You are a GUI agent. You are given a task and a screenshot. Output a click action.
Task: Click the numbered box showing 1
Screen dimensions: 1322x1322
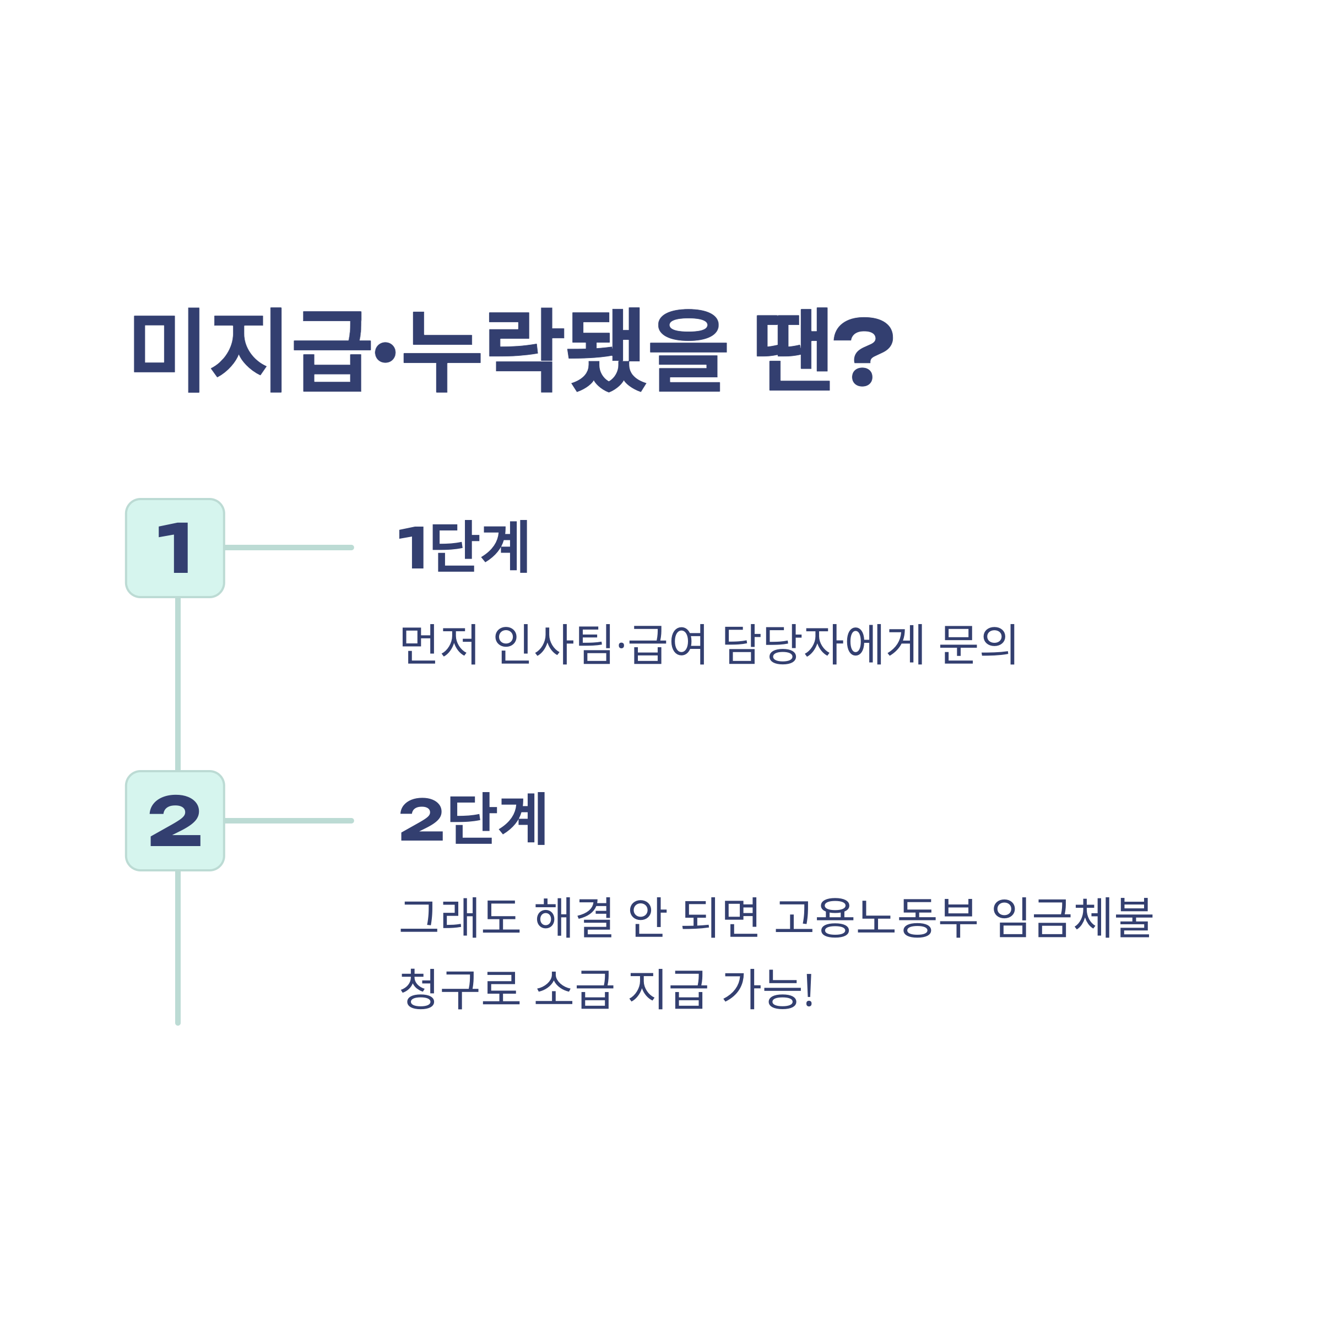click(x=175, y=548)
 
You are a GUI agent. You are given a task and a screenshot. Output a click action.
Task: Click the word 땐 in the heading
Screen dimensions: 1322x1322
click(x=793, y=350)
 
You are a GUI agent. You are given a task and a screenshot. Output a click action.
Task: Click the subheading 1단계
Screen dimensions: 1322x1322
click(x=463, y=547)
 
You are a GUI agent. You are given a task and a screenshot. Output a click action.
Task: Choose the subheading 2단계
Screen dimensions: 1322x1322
click(x=473, y=819)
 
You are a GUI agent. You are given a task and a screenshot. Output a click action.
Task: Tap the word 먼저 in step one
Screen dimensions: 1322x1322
click(x=438, y=644)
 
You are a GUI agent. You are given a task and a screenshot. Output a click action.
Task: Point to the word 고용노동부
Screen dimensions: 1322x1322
click(x=876, y=917)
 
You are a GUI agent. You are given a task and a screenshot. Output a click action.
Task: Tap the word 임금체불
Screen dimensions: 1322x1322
click(x=1072, y=917)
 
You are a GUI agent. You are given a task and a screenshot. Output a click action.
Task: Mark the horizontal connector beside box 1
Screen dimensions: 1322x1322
click(x=289, y=548)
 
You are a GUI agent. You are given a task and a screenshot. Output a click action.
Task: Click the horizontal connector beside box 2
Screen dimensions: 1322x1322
click(x=289, y=820)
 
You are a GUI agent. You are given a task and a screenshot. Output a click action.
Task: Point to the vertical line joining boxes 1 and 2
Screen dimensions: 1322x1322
click(x=178, y=684)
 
